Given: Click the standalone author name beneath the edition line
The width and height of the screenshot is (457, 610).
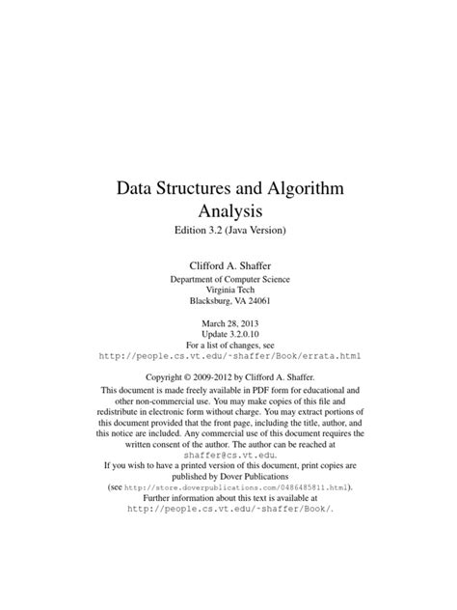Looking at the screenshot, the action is (228, 263).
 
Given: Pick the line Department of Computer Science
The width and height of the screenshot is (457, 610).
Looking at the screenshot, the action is (228, 279).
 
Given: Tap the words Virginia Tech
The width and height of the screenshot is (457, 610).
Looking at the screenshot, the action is (228, 291).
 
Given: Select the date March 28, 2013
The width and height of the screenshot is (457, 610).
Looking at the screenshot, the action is (228, 325).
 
